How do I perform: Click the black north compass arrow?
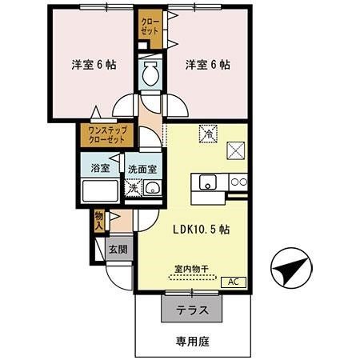pyautogui.click(x=290, y=270)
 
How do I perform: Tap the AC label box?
pyautogui.click(x=234, y=281)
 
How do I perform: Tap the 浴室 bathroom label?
pyautogui.click(x=100, y=169)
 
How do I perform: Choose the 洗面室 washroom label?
pyautogui.click(x=142, y=170)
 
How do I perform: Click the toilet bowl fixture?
pyautogui.click(x=150, y=77)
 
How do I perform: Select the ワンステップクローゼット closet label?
pyautogui.click(x=106, y=134)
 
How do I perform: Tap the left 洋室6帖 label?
pyautogui.click(x=89, y=64)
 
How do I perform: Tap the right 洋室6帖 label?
pyautogui.click(x=208, y=64)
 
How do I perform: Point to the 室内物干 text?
pyautogui.click(x=191, y=269)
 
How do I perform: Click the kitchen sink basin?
pyautogui.click(x=206, y=183)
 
